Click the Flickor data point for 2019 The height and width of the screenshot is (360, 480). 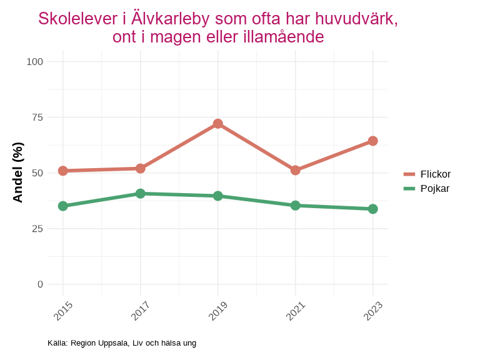click(x=217, y=124)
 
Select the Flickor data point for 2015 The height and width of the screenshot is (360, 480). click(x=62, y=171)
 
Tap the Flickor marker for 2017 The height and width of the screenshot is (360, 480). click(x=140, y=169)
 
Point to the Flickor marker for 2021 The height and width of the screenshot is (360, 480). click(x=295, y=170)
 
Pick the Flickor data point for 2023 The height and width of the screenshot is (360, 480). click(x=372, y=141)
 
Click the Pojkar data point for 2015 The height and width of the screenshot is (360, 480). click(x=62, y=206)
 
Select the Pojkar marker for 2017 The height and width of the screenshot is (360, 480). click(x=140, y=194)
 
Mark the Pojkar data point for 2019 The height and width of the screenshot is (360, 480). click(x=217, y=196)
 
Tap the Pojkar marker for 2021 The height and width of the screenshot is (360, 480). click(x=295, y=205)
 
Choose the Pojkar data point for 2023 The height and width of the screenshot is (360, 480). click(x=372, y=209)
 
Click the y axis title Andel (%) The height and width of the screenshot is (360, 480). click(x=18, y=172)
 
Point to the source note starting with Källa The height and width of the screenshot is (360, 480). click(x=122, y=343)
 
